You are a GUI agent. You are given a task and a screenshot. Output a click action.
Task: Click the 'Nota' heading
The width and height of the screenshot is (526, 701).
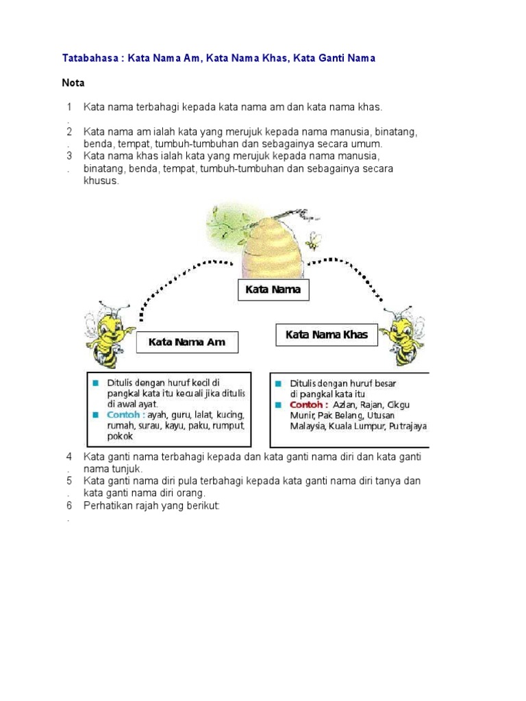pos(73,83)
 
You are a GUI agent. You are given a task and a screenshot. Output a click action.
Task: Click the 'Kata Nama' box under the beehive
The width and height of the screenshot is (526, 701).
pos(273,290)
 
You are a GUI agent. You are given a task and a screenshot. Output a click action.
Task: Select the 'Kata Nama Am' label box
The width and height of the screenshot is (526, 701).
pos(186,342)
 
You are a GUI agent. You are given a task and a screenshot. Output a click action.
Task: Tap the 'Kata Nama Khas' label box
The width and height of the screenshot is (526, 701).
pos(327,335)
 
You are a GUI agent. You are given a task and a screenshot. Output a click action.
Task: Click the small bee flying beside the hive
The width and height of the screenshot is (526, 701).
pos(314,240)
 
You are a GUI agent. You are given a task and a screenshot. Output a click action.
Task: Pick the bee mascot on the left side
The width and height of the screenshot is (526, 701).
pos(107,332)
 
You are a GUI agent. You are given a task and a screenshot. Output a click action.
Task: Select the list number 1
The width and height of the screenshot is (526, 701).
pos(69,107)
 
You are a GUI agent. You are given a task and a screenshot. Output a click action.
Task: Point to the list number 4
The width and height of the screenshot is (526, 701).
pos(69,457)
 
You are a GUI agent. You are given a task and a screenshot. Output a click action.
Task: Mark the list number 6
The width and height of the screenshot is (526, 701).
pos(69,506)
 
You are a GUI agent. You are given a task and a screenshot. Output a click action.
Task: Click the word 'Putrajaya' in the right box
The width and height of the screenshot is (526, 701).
pos(408,426)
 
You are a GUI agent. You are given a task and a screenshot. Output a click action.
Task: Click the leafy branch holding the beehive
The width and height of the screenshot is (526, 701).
pos(230,222)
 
